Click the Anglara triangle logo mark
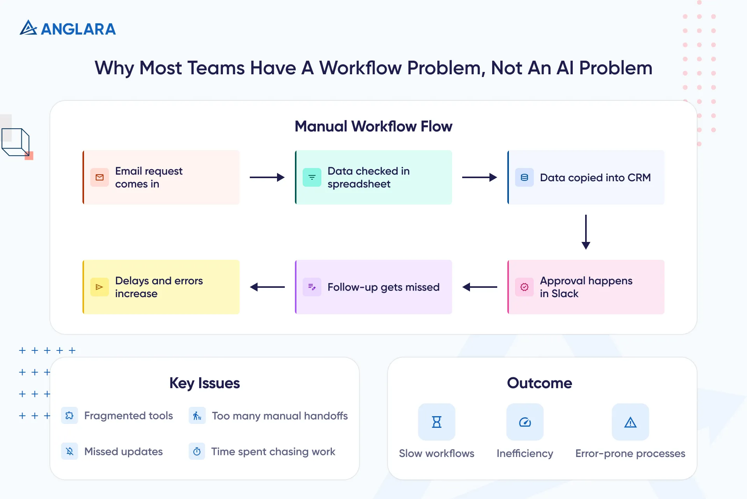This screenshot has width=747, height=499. coord(28,28)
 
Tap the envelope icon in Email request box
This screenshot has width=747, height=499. coord(100,177)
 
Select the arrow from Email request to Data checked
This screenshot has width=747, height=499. coord(267,177)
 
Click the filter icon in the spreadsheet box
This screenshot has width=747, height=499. coord(312,177)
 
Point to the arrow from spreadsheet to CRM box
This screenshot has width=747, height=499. coord(479,177)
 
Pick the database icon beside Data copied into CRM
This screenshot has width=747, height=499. coord(524,177)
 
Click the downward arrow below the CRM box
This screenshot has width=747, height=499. coord(586,232)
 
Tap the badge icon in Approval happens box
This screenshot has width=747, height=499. coord(524,287)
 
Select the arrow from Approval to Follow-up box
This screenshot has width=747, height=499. coord(479,287)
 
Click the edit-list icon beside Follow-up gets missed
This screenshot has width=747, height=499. coord(312,287)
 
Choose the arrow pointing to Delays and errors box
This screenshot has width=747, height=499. coord(267,287)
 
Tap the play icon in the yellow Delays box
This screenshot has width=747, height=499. coord(100,287)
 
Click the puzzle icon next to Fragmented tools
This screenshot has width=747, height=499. coord(70,415)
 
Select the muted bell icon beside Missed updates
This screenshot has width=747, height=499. coord(70,451)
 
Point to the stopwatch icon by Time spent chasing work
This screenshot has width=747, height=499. coord(197,451)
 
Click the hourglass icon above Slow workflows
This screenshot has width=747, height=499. coord(437,422)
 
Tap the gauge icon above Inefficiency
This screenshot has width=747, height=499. coord(525,422)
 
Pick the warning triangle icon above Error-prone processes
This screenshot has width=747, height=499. coord(630,422)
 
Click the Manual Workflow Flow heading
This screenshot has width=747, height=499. coord(373,126)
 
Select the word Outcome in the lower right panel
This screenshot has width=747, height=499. coord(540,383)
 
